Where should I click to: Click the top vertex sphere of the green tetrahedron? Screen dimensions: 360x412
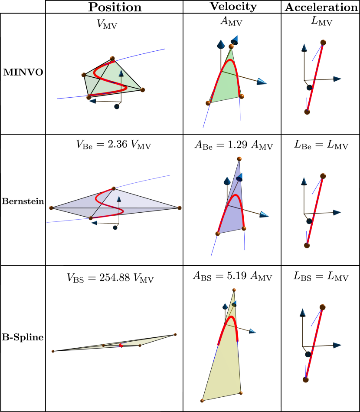pos(112,58)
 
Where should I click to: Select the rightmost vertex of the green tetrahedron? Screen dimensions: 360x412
pos(142,90)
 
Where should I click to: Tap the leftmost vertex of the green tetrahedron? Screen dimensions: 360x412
pos(84,75)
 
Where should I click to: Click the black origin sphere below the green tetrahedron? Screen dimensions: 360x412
pos(117,106)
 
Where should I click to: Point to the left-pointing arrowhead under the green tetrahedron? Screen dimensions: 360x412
pos(92,101)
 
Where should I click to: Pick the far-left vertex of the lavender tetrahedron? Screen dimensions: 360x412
pos(51,208)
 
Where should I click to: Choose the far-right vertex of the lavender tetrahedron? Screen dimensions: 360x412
pos(179,208)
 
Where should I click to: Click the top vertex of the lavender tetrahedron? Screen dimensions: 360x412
pos(114,188)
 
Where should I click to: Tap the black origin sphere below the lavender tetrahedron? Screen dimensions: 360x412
pos(115,227)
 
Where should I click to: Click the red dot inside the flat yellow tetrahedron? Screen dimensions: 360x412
pos(121,346)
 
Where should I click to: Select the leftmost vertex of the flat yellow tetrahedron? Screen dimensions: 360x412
pos(53,351)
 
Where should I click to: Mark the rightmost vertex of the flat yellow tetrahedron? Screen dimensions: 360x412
pos(175,334)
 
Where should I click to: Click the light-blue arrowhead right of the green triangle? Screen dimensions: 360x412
pos(262,81)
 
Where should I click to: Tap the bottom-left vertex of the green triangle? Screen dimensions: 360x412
pos(208,103)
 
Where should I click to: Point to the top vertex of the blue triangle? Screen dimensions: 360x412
pos(239,159)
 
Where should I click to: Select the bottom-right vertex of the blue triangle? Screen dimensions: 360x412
pos(244,228)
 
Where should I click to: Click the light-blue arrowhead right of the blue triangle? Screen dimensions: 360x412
pos(264,214)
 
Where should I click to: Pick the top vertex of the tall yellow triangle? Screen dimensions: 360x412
pos(234,290)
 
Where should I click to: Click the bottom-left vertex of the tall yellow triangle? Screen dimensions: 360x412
pos(202,401)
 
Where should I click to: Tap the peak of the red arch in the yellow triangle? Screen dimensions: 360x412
pos(232,317)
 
